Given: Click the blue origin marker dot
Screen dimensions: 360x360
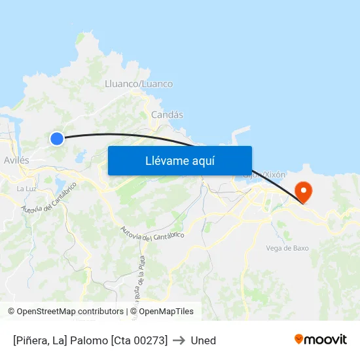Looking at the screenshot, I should (x=57, y=138).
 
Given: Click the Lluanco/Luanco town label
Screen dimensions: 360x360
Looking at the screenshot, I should (x=139, y=84).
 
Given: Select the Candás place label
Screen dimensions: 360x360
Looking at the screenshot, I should (x=167, y=115).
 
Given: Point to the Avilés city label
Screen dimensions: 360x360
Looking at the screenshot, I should (x=16, y=160).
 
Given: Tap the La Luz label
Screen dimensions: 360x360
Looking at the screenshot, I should (x=26, y=189).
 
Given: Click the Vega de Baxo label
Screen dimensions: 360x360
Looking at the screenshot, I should (x=287, y=248).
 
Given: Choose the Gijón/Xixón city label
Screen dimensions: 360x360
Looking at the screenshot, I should (x=264, y=175).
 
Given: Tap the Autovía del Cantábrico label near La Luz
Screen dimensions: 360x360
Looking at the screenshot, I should (x=48, y=198).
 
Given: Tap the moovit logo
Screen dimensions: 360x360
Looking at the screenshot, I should (x=321, y=339).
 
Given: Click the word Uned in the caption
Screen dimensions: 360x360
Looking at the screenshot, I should (x=203, y=340).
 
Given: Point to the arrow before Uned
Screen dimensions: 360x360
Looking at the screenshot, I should (x=179, y=340).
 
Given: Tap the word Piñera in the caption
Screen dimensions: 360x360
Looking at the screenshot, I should (x=32, y=340).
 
